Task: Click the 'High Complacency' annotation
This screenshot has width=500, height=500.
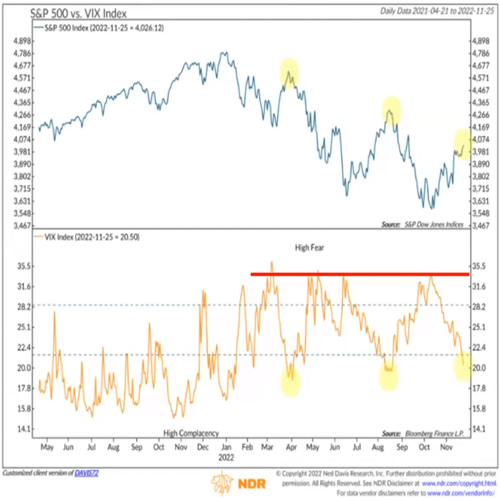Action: tap(191, 433)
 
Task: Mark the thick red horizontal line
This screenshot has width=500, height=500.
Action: tap(359, 274)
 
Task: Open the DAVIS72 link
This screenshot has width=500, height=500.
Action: tap(87, 473)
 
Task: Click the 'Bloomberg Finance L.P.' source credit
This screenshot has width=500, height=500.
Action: tap(433, 433)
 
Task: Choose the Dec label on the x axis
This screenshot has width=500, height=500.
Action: tap(204, 447)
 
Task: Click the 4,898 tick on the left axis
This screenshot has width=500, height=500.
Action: tap(20, 41)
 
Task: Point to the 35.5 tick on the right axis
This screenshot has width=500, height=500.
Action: tap(480, 266)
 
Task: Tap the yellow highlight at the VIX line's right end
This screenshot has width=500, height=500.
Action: tap(462, 365)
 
